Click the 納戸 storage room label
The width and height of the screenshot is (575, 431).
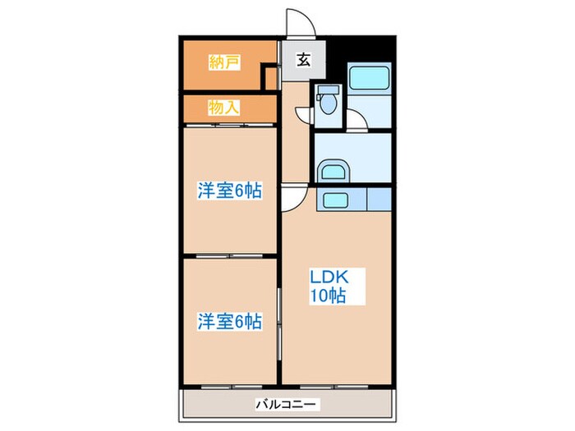pos(224,62)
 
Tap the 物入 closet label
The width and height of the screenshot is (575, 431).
pos(223,107)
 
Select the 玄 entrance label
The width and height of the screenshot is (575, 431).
pos(303,59)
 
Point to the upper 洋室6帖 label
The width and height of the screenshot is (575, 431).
pos(229,190)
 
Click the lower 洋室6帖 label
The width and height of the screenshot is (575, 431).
pos(229,322)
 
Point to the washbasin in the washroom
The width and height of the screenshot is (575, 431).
pos(332,172)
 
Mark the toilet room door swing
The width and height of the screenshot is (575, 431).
pos(306,113)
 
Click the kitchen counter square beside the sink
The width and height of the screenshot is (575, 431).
pos(379,199)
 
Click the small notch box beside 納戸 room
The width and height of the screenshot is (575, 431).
pos(269,78)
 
